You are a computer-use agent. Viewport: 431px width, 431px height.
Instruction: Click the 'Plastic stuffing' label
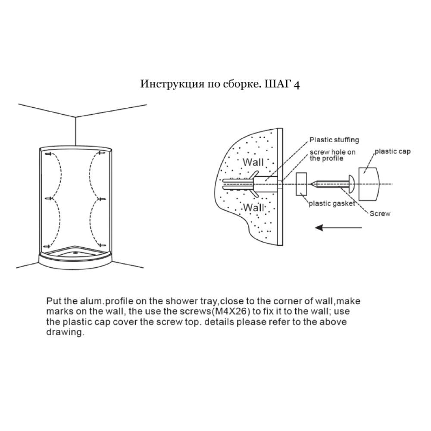coord(334,140)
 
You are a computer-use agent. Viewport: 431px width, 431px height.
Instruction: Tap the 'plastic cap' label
coord(393,151)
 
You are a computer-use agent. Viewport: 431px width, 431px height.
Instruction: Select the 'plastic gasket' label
coord(332,203)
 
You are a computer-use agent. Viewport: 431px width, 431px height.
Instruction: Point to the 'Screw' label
coord(380,214)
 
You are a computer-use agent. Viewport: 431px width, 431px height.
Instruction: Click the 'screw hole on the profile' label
coord(333,155)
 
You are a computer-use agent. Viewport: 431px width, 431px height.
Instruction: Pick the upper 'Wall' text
coord(253,162)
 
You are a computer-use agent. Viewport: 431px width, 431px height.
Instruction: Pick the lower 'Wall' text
coord(253,207)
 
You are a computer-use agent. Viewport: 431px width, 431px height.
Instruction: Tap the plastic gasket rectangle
coord(301,184)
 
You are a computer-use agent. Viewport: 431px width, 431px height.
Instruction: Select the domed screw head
coord(352,184)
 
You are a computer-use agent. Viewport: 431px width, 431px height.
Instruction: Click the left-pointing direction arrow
coord(338,228)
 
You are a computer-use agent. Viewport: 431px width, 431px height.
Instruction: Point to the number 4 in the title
coord(297,84)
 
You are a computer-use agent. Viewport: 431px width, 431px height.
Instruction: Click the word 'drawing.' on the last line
coord(65,332)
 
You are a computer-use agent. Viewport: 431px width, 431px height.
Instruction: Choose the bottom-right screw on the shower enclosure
coord(102,245)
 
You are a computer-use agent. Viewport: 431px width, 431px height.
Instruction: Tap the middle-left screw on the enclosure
coord(49,198)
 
